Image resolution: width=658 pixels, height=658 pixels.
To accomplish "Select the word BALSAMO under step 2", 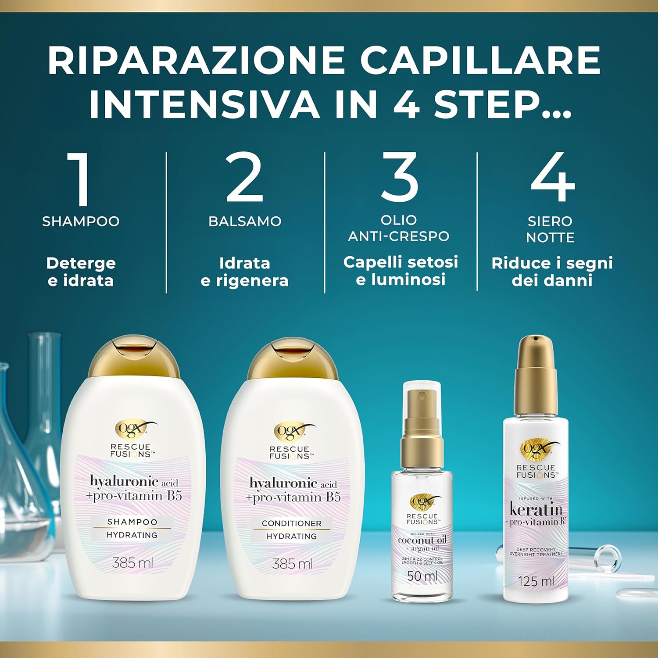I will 245,221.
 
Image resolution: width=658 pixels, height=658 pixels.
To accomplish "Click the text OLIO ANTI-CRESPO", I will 398,228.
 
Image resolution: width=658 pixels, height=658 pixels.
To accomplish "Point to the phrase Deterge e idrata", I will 81,272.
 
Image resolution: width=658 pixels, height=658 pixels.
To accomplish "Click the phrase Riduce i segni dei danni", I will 552,272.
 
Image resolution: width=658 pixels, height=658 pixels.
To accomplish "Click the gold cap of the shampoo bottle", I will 133,358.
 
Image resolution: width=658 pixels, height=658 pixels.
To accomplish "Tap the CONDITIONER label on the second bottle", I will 292,523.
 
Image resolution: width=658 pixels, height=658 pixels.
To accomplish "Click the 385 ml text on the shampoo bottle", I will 132,562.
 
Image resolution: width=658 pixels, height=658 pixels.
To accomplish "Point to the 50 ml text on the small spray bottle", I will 422,576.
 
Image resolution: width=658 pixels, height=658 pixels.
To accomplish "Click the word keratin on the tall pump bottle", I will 536,509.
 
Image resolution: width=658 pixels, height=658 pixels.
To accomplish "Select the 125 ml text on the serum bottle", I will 536,581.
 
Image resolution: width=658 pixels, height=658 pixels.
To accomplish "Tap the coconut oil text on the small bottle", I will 422,540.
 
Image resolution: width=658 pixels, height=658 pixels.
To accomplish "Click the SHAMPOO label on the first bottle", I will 132,522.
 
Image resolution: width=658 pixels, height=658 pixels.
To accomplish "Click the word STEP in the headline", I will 487,104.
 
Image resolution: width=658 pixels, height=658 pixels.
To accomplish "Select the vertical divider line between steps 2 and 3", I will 325,222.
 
